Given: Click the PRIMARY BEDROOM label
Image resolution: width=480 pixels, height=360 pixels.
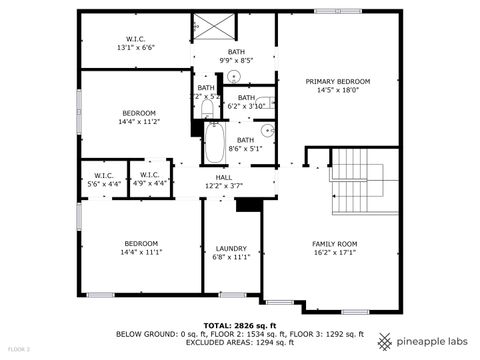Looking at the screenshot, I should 338,81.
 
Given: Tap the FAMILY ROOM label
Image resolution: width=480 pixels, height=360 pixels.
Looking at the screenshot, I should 334,244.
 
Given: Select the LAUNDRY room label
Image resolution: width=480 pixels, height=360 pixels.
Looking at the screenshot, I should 231,249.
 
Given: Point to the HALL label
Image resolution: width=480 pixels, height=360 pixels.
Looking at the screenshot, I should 223,177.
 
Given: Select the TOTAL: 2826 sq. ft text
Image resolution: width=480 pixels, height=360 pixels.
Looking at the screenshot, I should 240,325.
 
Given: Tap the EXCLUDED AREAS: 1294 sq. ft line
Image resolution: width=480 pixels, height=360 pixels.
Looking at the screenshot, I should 240,342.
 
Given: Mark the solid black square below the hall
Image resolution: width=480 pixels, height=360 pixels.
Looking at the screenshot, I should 247,205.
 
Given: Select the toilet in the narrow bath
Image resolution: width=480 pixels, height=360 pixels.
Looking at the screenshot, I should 208,107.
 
